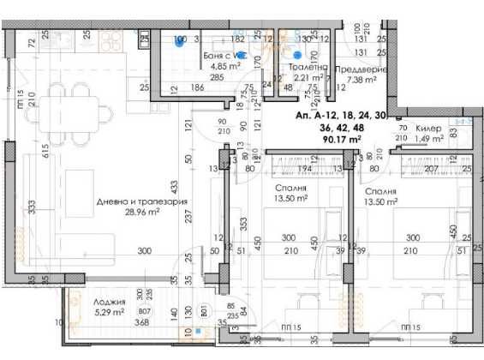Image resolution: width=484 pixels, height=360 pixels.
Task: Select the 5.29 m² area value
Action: click(x=111, y=313)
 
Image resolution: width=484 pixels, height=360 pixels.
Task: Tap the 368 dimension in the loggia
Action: click(x=119, y=323)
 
